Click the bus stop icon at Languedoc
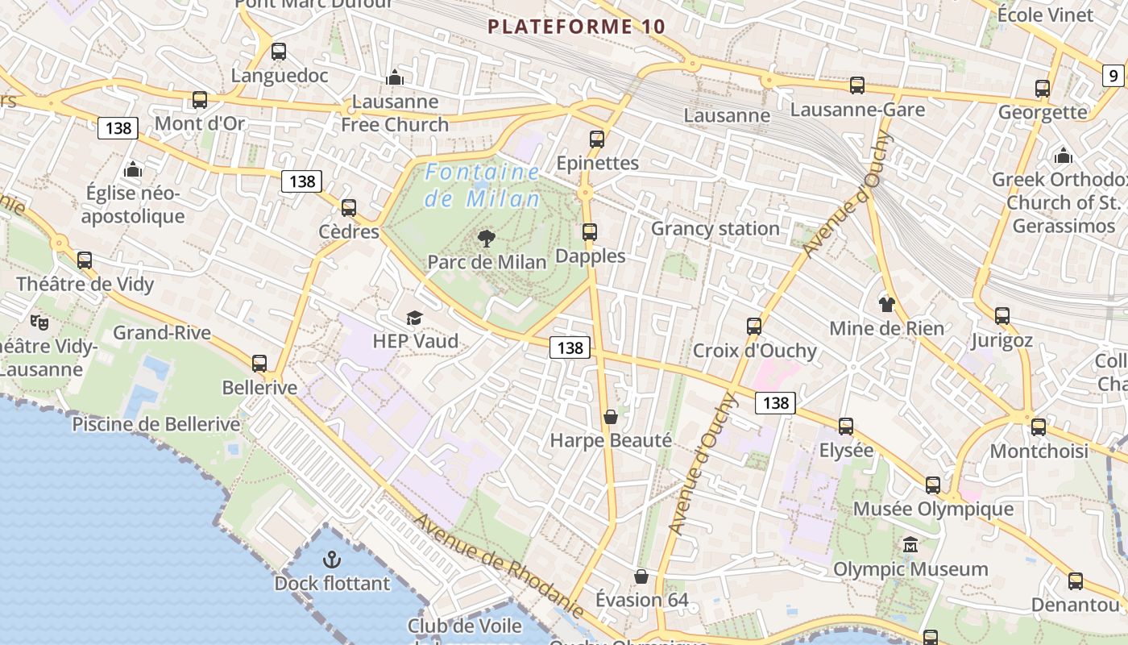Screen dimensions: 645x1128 pos(279,52)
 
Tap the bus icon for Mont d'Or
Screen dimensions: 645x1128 pos(199,100)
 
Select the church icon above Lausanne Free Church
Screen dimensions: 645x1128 pos(395,77)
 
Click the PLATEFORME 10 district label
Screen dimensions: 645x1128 pos(577,27)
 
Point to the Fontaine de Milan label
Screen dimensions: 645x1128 pos(483,185)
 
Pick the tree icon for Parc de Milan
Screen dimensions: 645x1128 pos(486,238)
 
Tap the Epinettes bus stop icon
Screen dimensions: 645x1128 pos(597,139)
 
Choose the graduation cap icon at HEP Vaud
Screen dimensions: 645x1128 pos(414,318)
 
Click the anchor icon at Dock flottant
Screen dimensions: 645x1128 pos(331,559)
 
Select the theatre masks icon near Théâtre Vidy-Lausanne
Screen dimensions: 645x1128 pos(39,322)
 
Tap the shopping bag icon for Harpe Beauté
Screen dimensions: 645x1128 pos(611,417)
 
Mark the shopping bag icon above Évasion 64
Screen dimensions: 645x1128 pos(641,576)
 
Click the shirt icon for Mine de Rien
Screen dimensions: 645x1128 pos(886,304)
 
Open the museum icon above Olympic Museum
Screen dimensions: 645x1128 pos(910,545)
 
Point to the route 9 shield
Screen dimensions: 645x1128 pos(1113,77)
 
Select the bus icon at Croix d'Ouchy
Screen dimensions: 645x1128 pos(754,327)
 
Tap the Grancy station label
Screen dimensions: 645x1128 pos(715,228)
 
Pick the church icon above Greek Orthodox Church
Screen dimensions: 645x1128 pos(1063,156)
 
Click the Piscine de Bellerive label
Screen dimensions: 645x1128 pos(156,424)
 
